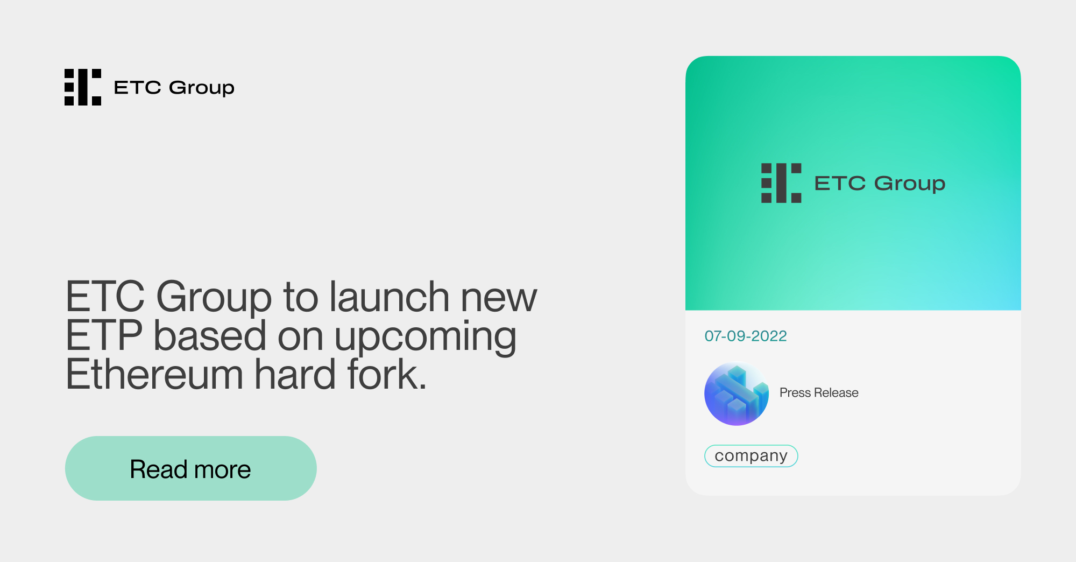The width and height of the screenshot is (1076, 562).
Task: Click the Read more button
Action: pos(190,468)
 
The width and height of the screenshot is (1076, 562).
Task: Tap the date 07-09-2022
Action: pos(746,336)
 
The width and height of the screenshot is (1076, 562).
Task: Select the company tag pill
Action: pos(751,456)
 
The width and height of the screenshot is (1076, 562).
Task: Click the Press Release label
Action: pos(819,393)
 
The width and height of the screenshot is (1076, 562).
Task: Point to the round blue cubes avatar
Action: pos(737,394)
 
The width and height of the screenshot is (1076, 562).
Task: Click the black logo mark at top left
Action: pos(83,87)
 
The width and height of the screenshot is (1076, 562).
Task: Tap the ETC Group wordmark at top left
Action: pos(174,88)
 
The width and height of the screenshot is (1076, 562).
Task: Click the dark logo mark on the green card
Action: pos(781,183)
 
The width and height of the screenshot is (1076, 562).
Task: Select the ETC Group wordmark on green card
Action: pos(880,184)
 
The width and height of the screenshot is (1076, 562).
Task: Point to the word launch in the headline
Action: pos(390,297)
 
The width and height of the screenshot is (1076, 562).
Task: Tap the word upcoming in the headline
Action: pos(425,337)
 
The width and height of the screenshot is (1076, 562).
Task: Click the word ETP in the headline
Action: pos(104,336)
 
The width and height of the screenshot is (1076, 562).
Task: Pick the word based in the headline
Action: pos(210,336)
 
